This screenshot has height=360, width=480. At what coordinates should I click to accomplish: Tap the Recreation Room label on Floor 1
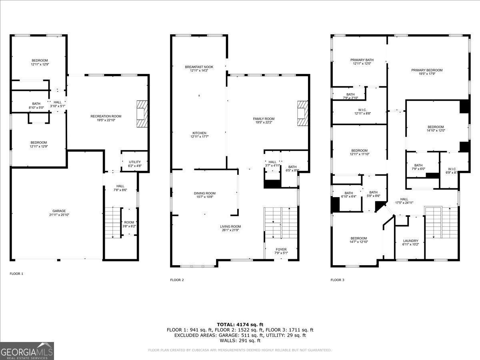click(106, 116)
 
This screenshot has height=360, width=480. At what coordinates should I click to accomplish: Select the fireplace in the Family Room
click(303, 114)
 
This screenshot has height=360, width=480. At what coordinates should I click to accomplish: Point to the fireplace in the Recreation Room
click(142, 114)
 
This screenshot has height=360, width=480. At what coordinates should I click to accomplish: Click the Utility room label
click(135, 162)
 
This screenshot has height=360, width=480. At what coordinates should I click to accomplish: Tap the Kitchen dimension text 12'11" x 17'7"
click(199, 137)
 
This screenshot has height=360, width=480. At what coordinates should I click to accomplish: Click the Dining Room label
click(205, 193)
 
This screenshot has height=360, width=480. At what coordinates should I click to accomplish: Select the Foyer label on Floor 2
click(281, 250)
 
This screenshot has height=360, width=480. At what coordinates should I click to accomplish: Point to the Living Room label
click(230, 226)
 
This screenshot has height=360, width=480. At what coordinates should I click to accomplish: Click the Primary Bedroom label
click(427, 70)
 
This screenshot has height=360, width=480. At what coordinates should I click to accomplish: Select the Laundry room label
click(410, 241)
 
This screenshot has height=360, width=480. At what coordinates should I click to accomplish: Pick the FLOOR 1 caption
click(16, 274)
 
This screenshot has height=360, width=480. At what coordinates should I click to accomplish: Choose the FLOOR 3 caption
click(337, 280)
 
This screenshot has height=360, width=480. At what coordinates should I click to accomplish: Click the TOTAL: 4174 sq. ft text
click(240, 324)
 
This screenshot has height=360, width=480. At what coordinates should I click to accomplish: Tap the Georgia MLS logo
click(27, 351)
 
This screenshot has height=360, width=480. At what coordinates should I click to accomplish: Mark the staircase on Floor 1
click(113, 222)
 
